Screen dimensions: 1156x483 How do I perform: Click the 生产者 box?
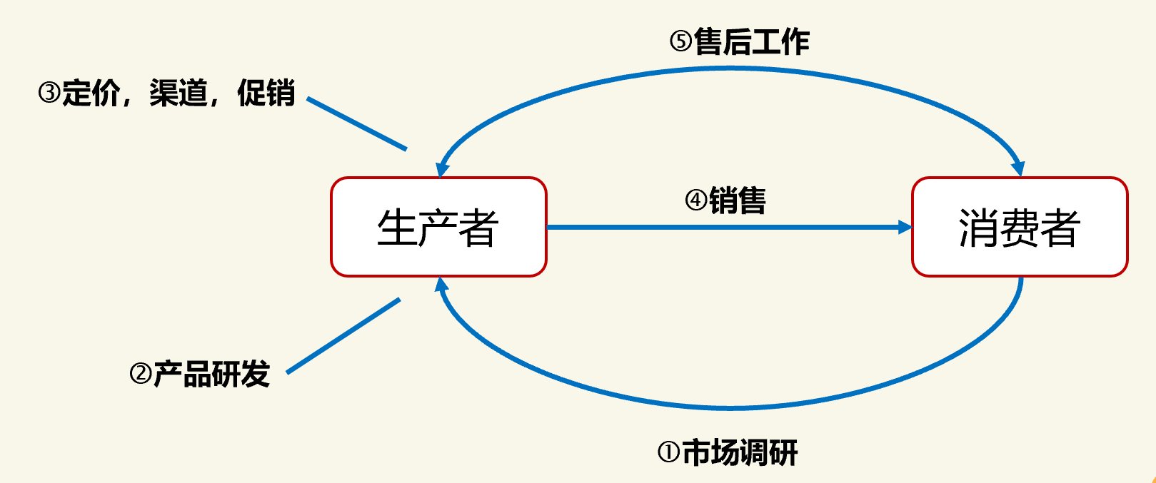tap(438, 227)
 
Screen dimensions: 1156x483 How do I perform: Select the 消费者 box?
tap(1019, 227)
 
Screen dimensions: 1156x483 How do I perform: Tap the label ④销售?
tap(725, 200)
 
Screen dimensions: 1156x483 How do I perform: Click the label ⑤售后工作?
tap(739, 42)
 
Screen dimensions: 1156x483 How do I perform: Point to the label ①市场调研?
tap(727, 452)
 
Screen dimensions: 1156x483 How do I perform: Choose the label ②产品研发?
tap(200, 374)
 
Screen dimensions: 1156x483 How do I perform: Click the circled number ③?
tap(49, 93)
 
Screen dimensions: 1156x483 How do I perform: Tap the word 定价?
tap(91, 93)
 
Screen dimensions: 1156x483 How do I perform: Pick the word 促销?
tap(266, 93)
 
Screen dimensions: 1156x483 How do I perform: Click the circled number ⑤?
tap(680, 42)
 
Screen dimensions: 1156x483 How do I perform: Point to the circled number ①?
tap(668, 452)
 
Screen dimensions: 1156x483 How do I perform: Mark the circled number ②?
tap(141, 374)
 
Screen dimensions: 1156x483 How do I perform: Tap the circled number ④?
tap(696, 200)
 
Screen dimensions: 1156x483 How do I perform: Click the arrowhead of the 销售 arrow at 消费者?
tap(905, 228)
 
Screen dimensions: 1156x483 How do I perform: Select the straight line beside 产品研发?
tap(343, 335)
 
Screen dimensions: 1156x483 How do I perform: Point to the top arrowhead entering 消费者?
tap(1018, 168)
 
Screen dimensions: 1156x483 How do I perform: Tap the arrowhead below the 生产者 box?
tap(442, 285)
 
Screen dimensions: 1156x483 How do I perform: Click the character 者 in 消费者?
tap(1060, 228)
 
